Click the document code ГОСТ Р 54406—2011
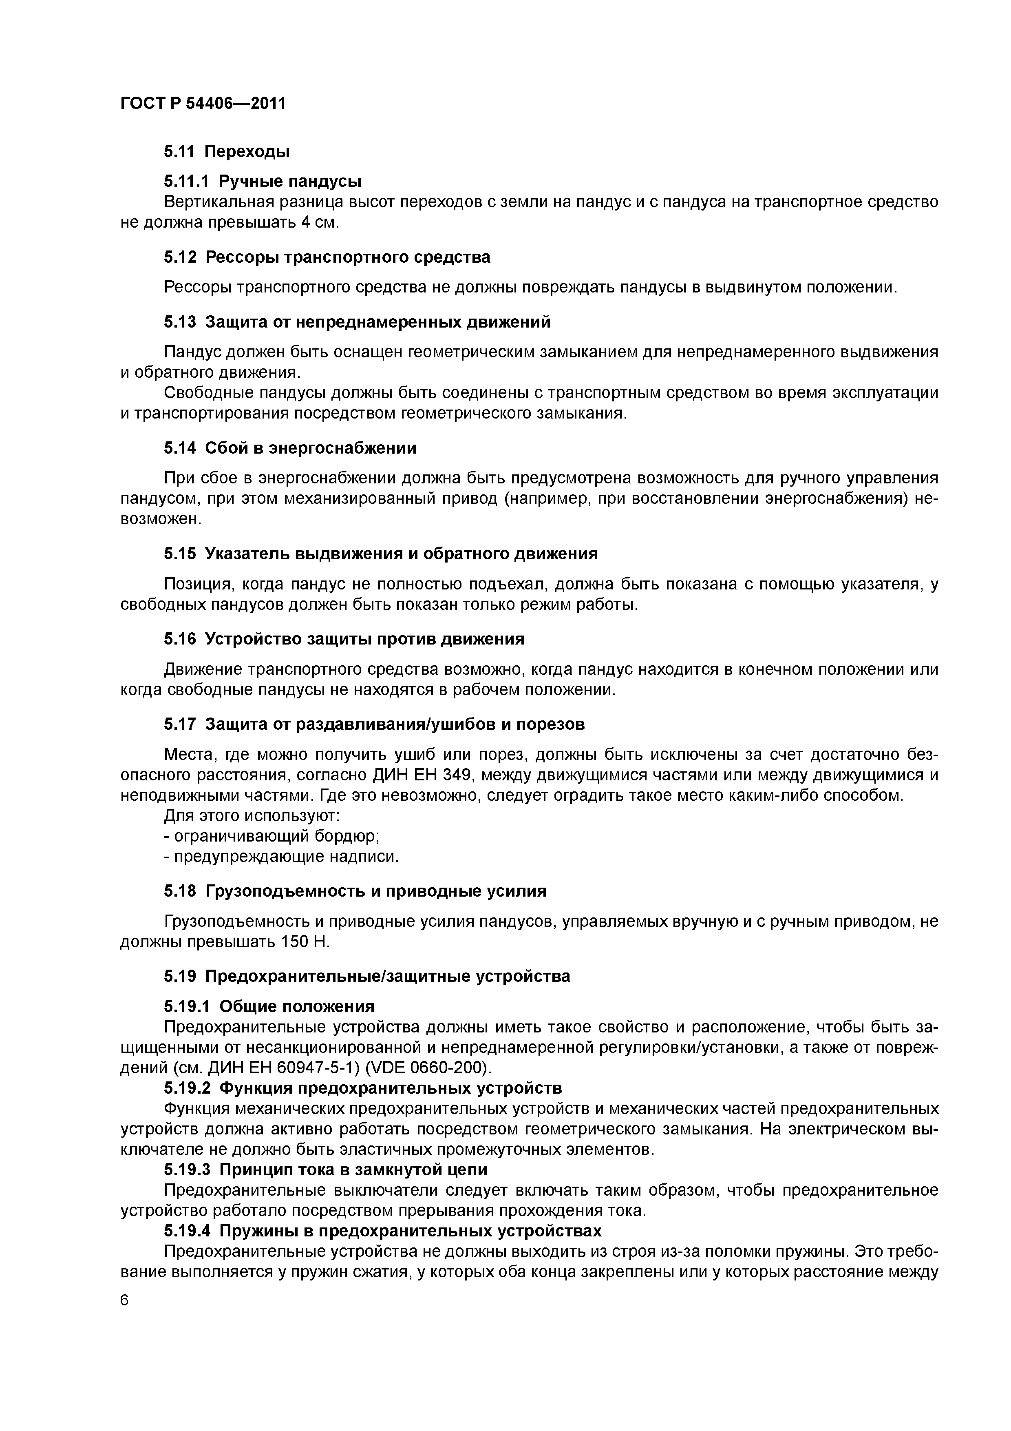[203, 103]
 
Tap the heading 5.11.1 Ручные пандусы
[262, 182]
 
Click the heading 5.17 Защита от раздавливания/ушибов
[374, 724]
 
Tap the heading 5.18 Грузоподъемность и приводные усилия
[355, 891]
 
